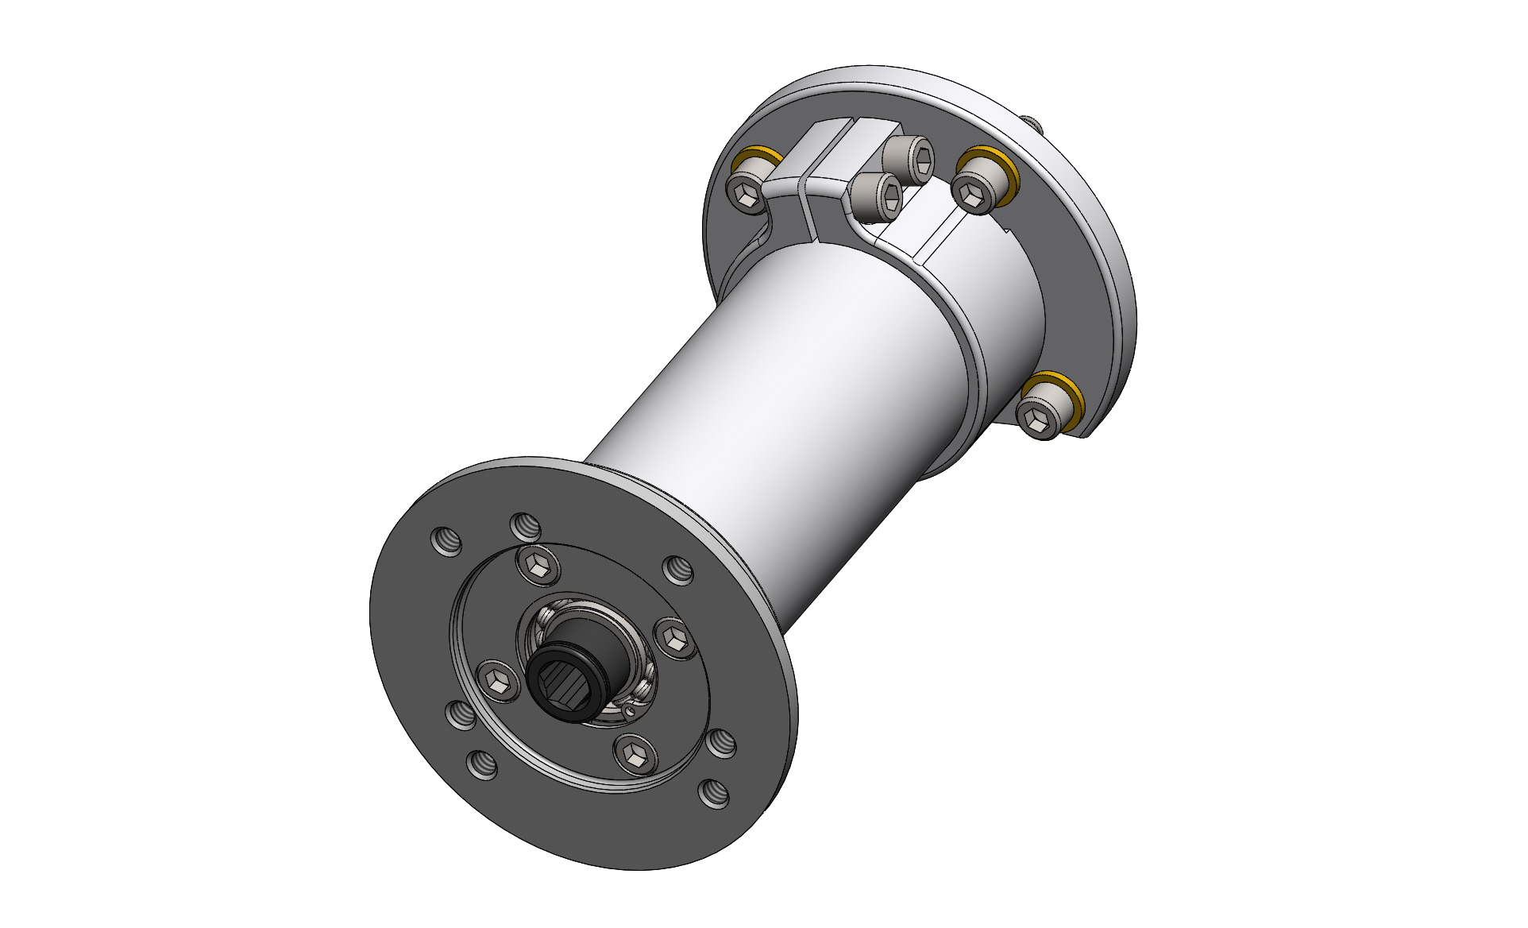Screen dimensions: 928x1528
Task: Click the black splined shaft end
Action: click(x=565, y=678)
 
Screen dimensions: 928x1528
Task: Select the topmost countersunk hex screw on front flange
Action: click(x=538, y=566)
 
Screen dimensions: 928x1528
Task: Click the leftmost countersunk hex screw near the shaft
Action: click(x=499, y=680)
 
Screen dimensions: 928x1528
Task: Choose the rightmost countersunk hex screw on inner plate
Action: click(x=675, y=638)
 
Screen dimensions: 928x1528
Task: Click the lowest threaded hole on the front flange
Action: click(x=713, y=793)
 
